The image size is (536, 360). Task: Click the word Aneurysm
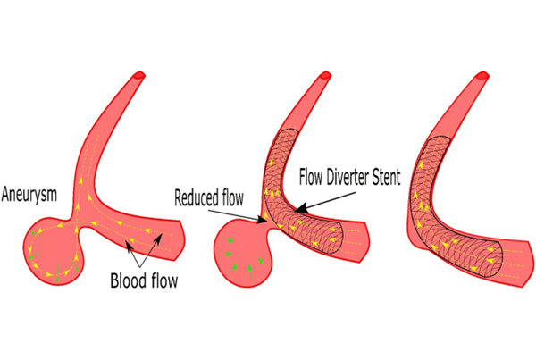(x=29, y=195)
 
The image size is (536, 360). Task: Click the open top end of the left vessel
(x=139, y=75)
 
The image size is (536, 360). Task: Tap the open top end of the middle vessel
(x=325, y=75)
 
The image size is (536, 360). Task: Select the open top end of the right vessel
(x=482, y=75)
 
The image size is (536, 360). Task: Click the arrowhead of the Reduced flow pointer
(x=262, y=220)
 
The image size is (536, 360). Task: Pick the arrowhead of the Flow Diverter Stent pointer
(x=300, y=208)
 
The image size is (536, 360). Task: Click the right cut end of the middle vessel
(x=364, y=242)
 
